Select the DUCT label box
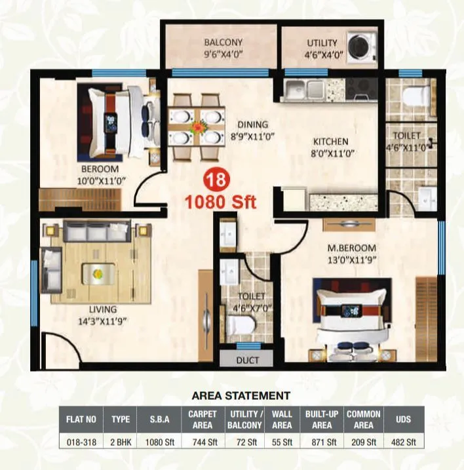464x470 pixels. (247, 360)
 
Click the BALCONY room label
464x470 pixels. (223, 44)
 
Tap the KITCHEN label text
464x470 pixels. (330, 142)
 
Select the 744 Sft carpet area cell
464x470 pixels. (203, 442)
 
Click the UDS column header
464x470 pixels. (404, 419)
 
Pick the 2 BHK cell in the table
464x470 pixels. (120, 442)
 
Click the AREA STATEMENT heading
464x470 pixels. (241, 395)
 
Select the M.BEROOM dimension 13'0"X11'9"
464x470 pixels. (352, 258)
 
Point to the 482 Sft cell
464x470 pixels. (404, 442)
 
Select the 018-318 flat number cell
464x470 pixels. (81, 442)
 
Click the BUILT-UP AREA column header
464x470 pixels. (321, 419)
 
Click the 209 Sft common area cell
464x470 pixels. (363, 442)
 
